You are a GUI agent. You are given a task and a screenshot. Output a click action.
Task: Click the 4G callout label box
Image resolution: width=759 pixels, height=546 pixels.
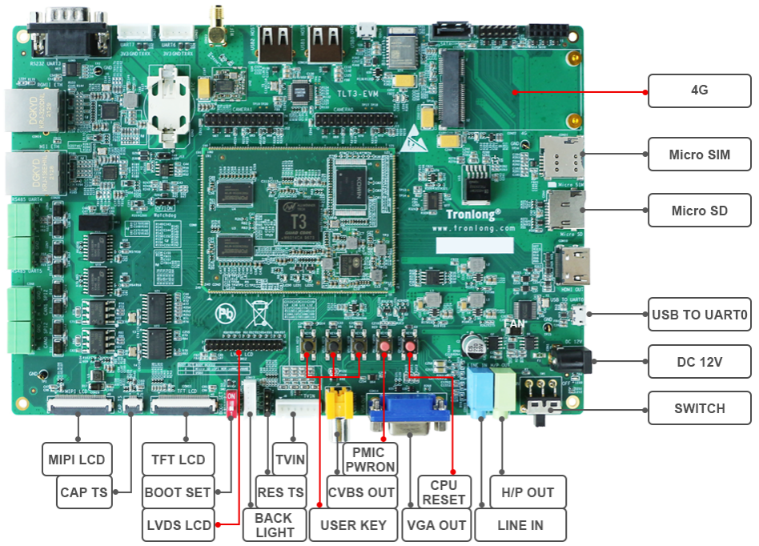coord(699,91)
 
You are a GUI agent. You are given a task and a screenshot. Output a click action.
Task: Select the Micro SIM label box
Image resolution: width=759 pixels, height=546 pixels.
coord(699,154)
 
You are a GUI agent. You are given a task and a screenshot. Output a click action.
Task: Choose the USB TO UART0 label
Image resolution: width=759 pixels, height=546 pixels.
coord(699,315)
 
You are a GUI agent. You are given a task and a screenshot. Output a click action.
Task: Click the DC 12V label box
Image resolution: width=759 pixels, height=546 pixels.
coord(699,362)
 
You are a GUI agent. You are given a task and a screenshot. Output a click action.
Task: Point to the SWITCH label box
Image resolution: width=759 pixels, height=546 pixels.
coord(699,408)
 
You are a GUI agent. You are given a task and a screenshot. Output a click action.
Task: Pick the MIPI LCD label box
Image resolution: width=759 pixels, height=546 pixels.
coord(76,460)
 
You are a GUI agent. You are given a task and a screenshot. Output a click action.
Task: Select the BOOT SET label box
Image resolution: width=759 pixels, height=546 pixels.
coord(178,492)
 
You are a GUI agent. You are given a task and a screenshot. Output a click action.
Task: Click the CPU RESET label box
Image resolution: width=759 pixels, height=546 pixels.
coord(444,492)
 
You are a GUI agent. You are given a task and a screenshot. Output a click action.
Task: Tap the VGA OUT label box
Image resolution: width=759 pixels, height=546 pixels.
coord(436,525)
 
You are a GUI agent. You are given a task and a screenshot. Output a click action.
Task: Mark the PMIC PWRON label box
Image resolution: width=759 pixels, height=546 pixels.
coord(369,460)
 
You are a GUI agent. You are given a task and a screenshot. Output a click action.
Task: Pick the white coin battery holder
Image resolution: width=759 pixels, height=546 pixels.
coord(170,104)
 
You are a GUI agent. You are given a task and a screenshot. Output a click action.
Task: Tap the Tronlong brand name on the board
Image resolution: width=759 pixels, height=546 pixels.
coord(474,214)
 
